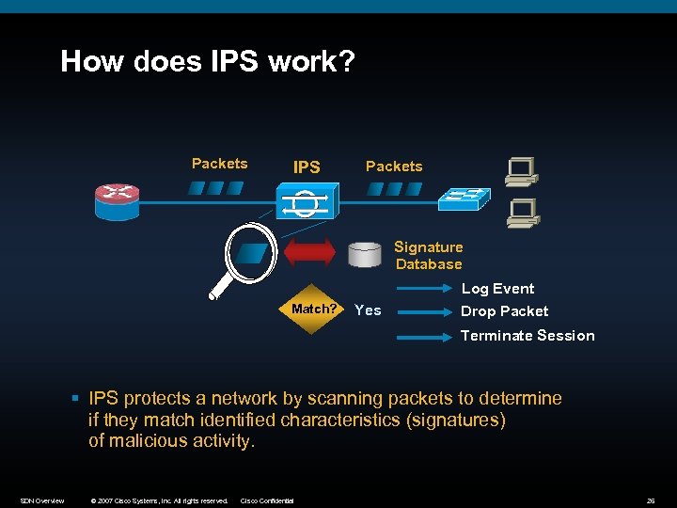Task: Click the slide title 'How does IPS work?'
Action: pyautogui.click(x=208, y=62)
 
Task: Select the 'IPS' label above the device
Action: pyautogui.click(x=307, y=167)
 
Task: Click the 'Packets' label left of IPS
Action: pyautogui.click(x=219, y=164)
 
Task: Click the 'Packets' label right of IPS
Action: pyautogui.click(x=394, y=167)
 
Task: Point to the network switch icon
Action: pyautogui.click(x=464, y=198)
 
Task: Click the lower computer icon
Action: pyautogui.click(x=521, y=214)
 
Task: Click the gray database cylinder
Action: pyautogui.click(x=365, y=255)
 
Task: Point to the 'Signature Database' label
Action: pyautogui.click(x=429, y=256)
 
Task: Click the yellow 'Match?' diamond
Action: pyautogui.click(x=314, y=310)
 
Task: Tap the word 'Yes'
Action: pyautogui.click(x=368, y=310)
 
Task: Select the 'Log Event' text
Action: pyautogui.click(x=497, y=289)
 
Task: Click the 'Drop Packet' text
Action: pyautogui.click(x=504, y=311)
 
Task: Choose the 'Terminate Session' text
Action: pyautogui.click(x=527, y=336)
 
